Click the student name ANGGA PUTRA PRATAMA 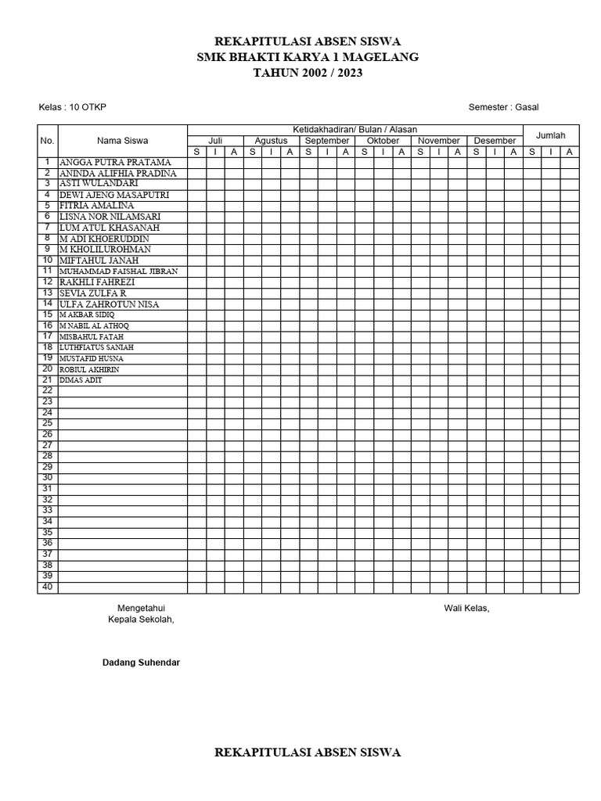[x=115, y=163]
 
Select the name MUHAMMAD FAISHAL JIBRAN [x=119, y=271]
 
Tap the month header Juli [x=215, y=141]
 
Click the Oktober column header [x=383, y=141]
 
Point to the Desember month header [x=495, y=141]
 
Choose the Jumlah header [x=550, y=135]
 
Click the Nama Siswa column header [x=122, y=141]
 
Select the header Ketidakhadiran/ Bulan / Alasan [x=355, y=129]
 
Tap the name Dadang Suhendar [x=141, y=663]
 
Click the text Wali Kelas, [x=466, y=609]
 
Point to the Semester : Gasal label [x=503, y=107]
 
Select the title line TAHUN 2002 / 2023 [x=308, y=73]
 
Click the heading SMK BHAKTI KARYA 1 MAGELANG [x=308, y=57]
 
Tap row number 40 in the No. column [x=47, y=587]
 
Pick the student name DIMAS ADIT [x=81, y=380]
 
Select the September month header [x=327, y=141]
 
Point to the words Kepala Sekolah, [x=141, y=620]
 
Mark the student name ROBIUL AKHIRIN [x=89, y=369]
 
